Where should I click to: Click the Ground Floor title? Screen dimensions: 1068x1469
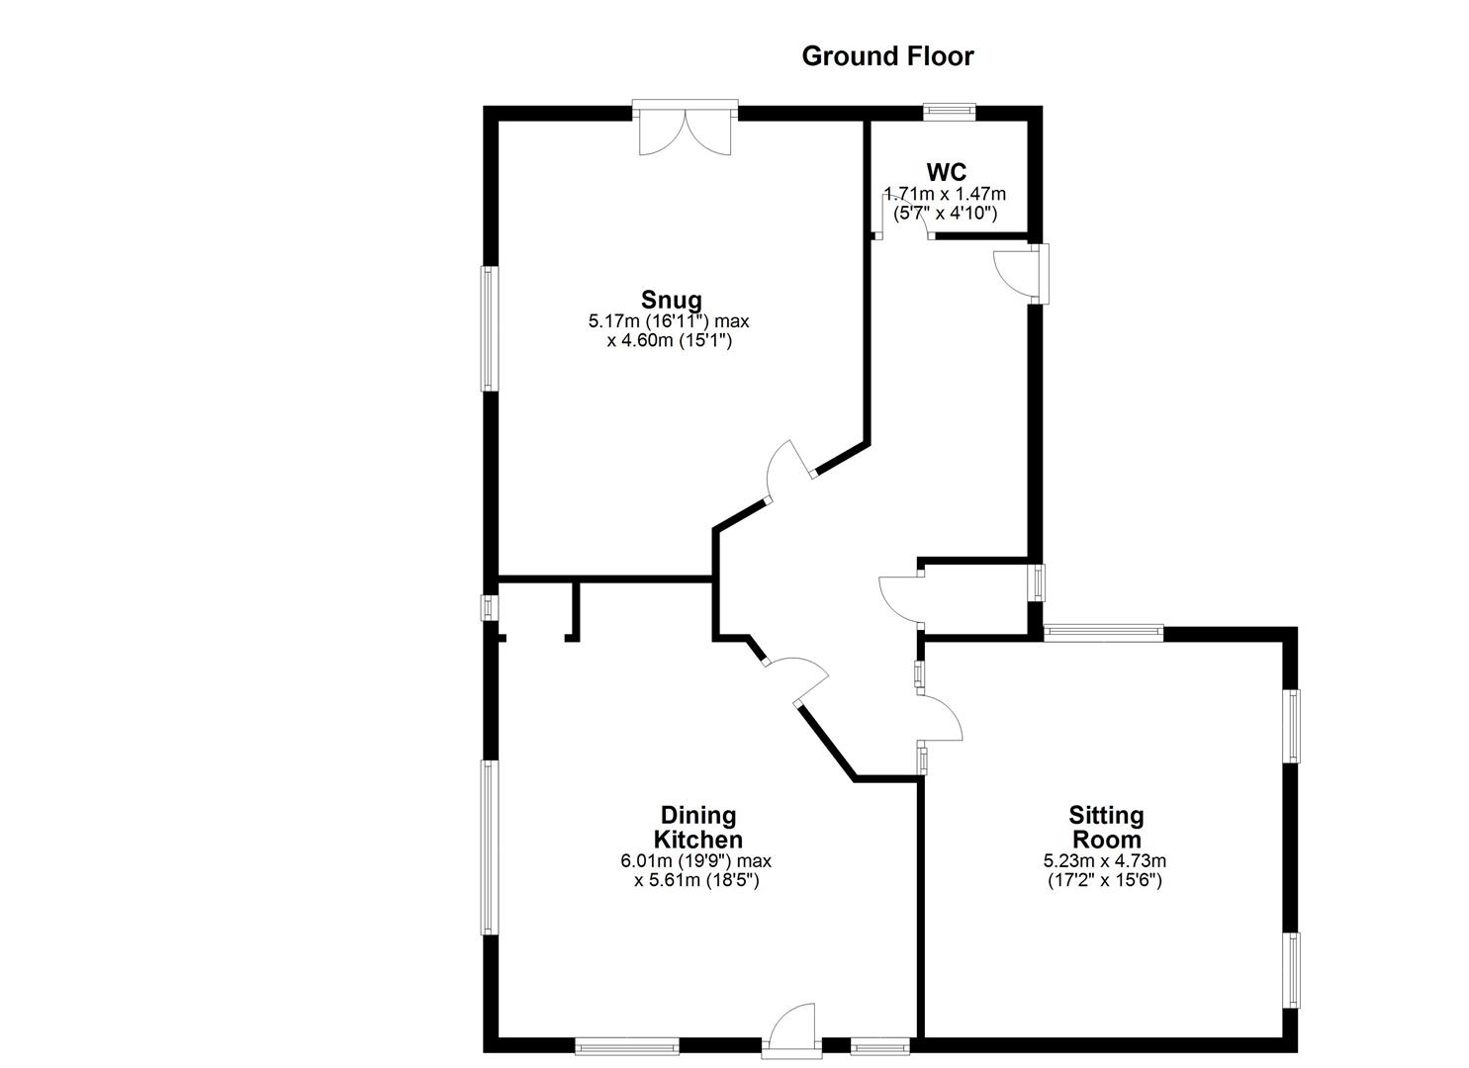tap(887, 56)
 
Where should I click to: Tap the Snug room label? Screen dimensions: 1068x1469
tap(671, 300)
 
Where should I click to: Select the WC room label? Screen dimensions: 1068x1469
tap(947, 172)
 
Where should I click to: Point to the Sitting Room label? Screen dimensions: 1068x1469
tap(1106, 828)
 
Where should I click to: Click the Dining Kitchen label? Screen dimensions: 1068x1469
tap(699, 828)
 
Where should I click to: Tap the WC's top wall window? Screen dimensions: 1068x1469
tap(950, 112)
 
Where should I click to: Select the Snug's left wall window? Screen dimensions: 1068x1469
tap(488, 327)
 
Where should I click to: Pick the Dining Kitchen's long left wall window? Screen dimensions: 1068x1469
tap(488, 846)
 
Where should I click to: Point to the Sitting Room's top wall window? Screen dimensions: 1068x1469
tap(1103, 634)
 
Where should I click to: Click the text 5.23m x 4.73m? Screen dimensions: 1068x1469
tap(1105, 860)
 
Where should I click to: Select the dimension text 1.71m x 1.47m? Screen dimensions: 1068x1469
tap(946, 194)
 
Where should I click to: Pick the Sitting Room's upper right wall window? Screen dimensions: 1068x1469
tap(1291, 725)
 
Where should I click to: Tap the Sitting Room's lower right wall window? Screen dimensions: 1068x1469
tap(1291, 970)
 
